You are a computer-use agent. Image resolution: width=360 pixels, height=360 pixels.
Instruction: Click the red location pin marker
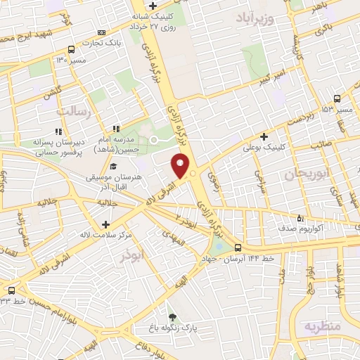pos(181,167)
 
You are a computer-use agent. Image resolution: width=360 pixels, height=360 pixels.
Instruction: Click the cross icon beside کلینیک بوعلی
pos(264,136)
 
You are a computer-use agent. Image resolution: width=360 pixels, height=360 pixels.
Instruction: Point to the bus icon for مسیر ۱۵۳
pos(337,98)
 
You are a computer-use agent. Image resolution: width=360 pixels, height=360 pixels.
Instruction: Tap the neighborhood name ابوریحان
pos(306,174)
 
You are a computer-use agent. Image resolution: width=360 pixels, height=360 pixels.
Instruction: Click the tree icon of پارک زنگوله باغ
pos(172,316)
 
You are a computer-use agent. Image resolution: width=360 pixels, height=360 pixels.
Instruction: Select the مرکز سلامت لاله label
pos(105,234)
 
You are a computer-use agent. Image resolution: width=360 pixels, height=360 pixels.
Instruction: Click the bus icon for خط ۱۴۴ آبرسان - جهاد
pos(237,247)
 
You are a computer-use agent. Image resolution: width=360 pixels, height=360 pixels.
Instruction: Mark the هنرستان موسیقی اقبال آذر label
pos(114,180)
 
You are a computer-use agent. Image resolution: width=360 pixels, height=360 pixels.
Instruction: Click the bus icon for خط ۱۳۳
pos(11,290)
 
